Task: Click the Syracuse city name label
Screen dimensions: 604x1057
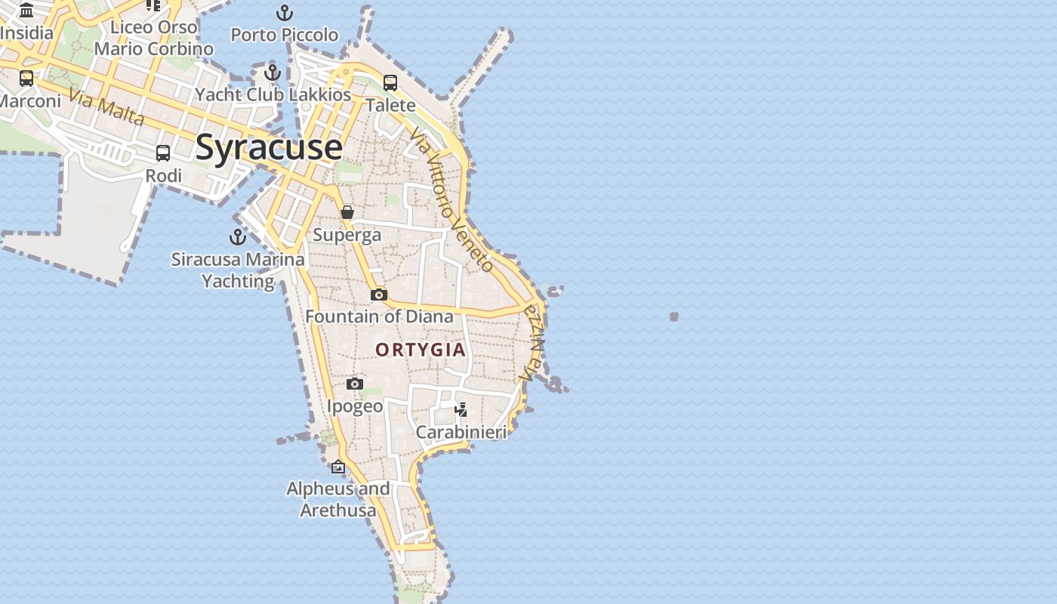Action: click(269, 147)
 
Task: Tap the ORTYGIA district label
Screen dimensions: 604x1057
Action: click(421, 350)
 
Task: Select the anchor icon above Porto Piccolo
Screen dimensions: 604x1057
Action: click(284, 13)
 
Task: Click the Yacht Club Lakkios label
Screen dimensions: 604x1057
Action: click(273, 94)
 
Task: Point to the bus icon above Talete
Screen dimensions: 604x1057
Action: click(390, 83)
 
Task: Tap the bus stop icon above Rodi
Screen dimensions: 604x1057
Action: click(163, 153)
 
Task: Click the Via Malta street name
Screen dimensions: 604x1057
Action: click(106, 107)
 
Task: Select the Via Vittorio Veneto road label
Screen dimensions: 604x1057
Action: click(451, 199)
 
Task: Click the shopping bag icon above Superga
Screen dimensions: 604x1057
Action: click(347, 212)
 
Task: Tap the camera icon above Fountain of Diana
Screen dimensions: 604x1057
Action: click(379, 294)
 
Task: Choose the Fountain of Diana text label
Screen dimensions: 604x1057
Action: click(379, 316)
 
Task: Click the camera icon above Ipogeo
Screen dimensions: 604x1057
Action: click(355, 384)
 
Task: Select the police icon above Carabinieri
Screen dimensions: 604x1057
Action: click(461, 410)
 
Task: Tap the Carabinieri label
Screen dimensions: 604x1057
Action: click(461, 433)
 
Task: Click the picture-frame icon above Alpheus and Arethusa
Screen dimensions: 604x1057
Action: click(338, 467)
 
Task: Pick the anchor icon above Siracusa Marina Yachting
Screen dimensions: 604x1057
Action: click(238, 237)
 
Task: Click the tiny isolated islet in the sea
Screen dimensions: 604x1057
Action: click(673, 316)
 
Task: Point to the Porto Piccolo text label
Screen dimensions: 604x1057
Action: click(284, 35)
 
